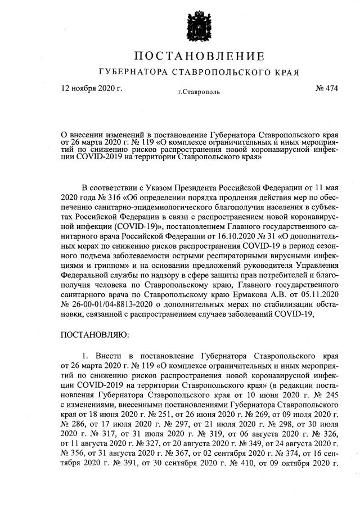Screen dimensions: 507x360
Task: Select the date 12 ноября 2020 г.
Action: [91, 88]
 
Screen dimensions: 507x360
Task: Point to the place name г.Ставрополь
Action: [199, 91]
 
